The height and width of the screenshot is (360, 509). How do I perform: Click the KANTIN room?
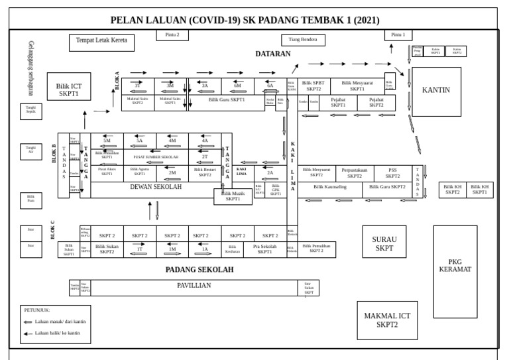435,91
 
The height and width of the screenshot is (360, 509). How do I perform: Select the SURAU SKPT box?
384,244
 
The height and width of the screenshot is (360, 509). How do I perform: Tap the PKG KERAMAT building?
455,265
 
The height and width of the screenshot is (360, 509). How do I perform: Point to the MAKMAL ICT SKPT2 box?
387,320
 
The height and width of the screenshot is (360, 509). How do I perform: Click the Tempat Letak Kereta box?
101,42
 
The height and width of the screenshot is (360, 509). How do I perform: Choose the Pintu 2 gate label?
168,34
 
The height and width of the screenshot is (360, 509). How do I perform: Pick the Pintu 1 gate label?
398,34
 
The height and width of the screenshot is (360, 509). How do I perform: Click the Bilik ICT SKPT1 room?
68,90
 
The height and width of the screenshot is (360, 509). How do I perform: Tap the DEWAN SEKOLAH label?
156,188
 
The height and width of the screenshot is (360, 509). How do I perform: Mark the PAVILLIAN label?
194,285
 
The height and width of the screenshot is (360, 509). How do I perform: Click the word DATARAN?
273,53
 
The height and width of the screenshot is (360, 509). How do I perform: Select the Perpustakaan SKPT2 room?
355,173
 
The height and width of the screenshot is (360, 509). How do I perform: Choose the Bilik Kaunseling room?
329,187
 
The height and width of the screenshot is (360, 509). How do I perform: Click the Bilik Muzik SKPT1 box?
233,196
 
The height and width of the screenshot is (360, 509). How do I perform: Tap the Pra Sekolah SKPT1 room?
264,249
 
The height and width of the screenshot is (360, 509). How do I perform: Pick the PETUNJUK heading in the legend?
37,310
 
